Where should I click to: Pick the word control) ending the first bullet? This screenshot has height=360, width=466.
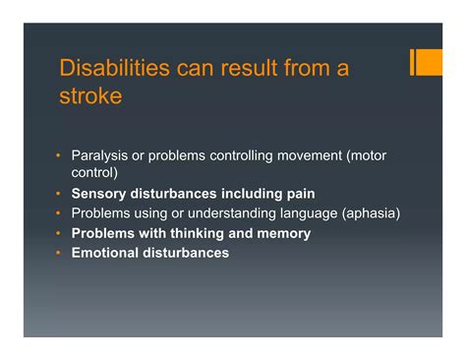tap(95, 172)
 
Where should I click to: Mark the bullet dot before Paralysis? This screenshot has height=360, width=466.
tap(58, 156)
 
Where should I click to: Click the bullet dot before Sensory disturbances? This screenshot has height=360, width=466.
tap(58, 194)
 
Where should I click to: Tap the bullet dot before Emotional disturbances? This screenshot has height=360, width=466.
tap(58, 253)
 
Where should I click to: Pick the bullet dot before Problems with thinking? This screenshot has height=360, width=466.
tap(58, 233)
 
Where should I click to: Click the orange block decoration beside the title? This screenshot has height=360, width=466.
tap(429, 62)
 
